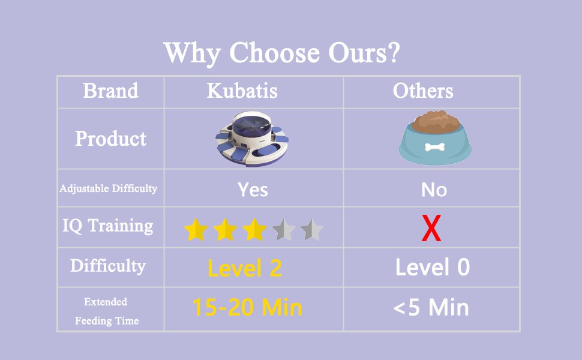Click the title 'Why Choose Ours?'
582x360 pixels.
pos(282,53)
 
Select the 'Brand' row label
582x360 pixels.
pos(110,91)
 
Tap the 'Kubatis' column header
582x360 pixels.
pos(242,91)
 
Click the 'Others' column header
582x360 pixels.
pos(423,91)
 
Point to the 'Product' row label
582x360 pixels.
pos(110,139)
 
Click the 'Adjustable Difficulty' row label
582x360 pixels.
pos(109,188)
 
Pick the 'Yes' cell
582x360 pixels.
pos(253,190)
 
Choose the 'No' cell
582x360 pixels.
pos(434,190)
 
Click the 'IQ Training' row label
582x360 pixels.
pos(108,226)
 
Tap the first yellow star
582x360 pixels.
pos(196,229)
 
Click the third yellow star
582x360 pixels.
pos(254,229)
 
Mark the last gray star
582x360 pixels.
pos(312,229)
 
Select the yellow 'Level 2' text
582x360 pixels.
pos(244,269)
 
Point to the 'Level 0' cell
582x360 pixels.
pos(432,268)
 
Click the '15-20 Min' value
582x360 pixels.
pos(247,308)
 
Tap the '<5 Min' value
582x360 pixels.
pos(431,308)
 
